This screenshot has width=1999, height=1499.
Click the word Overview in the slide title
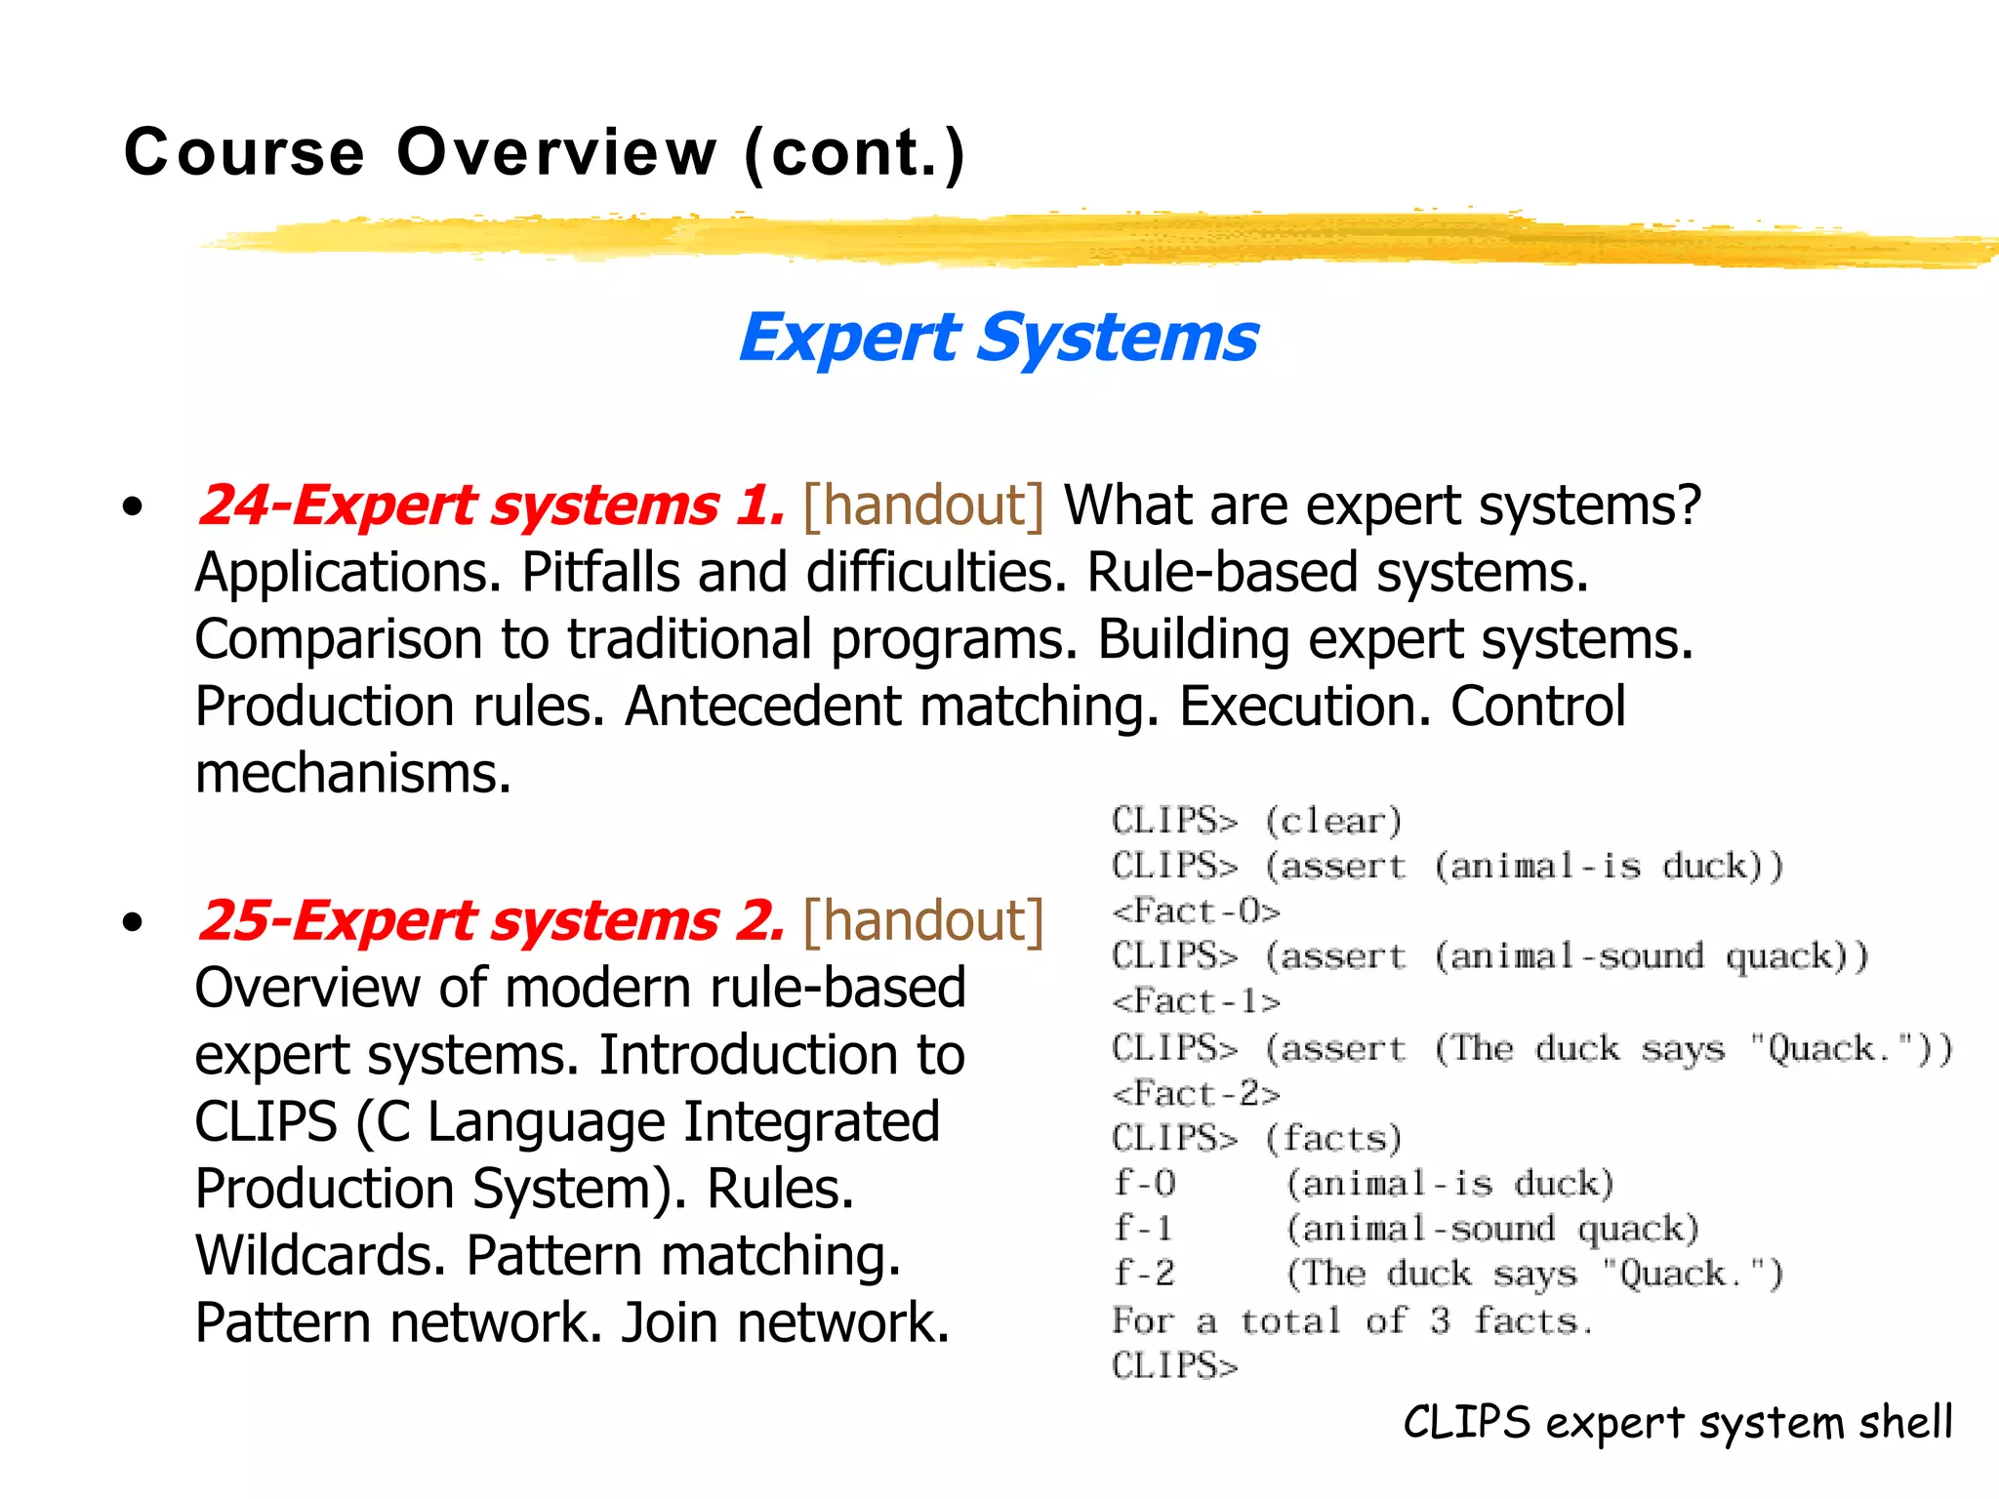pos(556,153)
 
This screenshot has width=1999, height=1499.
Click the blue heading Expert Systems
pos(998,339)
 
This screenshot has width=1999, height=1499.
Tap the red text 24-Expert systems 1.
pos(490,506)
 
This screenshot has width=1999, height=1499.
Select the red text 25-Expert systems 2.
pos(490,921)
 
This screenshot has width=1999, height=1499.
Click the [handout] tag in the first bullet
pos(922,506)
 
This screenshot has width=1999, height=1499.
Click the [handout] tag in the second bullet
pos(922,921)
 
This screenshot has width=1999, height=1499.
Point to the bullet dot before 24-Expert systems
pos(133,506)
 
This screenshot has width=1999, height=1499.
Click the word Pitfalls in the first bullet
pos(599,572)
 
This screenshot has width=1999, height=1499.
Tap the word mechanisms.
pos(352,773)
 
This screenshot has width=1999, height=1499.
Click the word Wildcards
pos(320,1255)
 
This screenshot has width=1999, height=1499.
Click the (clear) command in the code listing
pos(1333,821)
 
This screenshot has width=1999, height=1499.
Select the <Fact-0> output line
pos(1196,912)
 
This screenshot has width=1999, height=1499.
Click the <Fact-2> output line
pos(1196,1094)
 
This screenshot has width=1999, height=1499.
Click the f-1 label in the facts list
pos(1143,1228)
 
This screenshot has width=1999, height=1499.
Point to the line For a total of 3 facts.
pos(1352,1321)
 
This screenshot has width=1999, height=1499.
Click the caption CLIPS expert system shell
pos(1677,1422)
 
